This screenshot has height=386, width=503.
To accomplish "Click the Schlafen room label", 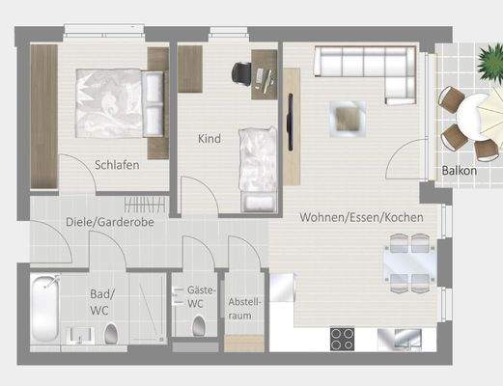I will [x=118, y=164].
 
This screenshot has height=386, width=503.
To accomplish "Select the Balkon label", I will [x=460, y=171].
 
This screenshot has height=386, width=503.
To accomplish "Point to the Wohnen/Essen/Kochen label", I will [x=361, y=218].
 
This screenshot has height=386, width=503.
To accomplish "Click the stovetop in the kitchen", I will [x=344, y=338].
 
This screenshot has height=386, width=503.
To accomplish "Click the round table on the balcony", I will [x=470, y=118].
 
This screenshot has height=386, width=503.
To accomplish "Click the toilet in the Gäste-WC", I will [x=199, y=325].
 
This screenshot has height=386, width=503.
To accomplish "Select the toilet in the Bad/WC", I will [x=110, y=334].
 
